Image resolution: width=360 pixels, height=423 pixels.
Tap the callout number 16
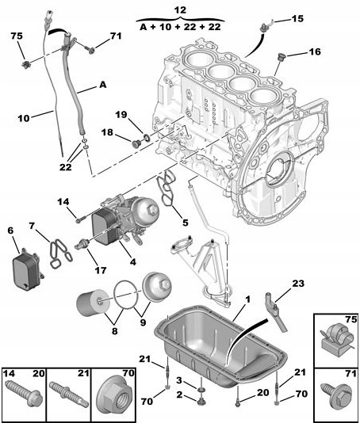click(315, 53)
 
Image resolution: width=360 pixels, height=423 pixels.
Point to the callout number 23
click(298, 283)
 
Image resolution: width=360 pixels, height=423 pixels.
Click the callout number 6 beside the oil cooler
click(10, 230)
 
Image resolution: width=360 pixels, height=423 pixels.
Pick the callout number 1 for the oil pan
click(247, 300)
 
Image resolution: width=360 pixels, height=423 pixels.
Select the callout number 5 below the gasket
click(185, 223)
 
